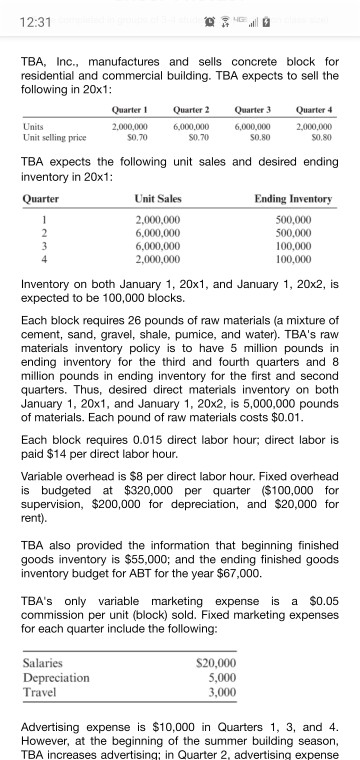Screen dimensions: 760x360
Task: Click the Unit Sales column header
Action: coord(157,198)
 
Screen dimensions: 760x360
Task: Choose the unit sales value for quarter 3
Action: coord(158,241)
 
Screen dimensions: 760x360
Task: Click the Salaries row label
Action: coord(42,662)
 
